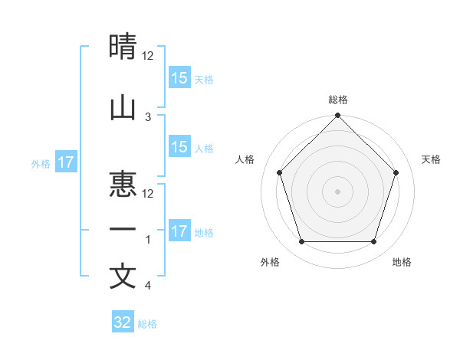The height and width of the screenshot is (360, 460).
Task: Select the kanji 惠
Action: click(x=123, y=185)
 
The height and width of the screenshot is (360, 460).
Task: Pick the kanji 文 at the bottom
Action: click(x=123, y=276)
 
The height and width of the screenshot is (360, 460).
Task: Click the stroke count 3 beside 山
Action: click(x=148, y=117)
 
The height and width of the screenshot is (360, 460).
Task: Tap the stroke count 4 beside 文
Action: click(x=148, y=286)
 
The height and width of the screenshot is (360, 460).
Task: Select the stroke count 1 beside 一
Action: click(x=148, y=240)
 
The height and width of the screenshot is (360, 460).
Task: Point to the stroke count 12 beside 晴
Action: click(x=149, y=56)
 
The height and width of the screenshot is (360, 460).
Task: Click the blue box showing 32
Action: click(x=123, y=322)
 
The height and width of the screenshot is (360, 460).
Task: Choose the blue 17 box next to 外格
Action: click(x=65, y=162)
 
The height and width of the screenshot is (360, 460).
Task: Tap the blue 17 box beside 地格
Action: click(x=179, y=231)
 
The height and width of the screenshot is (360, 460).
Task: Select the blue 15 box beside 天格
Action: click(x=179, y=78)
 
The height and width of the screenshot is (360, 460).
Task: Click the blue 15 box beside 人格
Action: click(x=179, y=147)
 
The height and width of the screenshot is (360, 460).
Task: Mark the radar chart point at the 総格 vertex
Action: click(x=337, y=116)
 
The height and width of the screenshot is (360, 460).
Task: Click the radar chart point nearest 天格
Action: click(x=396, y=172)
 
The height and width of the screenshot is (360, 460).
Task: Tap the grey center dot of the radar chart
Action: click(x=337, y=191)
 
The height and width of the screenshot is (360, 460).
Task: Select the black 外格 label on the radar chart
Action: click(x=270, y=262)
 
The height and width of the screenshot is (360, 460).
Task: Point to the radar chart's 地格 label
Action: click(x=402, y=262)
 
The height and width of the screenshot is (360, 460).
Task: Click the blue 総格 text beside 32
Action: click(x=147, y=323)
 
